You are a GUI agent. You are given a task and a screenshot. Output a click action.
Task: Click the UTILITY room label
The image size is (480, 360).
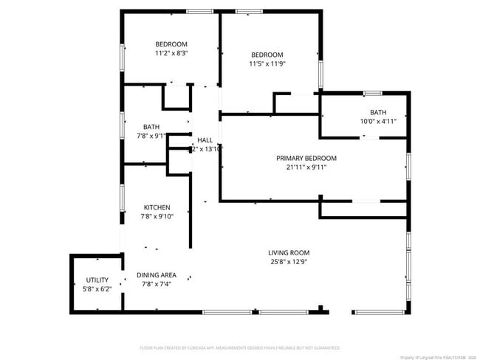click(97, 280)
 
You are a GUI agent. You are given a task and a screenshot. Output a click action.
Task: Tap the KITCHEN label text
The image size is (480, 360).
click(157, 207)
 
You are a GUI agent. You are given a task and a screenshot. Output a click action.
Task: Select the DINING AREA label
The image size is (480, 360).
click(157, 274)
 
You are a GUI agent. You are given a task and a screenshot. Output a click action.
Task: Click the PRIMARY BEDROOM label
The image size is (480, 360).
click(306, 158)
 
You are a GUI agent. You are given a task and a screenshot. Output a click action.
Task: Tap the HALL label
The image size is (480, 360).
click(205, 139)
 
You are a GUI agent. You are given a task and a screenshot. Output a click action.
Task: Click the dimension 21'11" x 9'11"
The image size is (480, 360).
click(306, 167)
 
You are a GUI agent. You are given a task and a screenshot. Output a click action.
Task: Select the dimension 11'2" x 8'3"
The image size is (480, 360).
click(171, 53)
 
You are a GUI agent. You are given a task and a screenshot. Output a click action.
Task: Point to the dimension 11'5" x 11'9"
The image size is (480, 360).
click(267, 63)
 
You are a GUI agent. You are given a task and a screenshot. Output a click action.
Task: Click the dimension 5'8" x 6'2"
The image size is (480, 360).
click(97, 288)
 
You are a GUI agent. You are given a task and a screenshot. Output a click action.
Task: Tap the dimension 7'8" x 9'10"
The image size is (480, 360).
click(157, 216)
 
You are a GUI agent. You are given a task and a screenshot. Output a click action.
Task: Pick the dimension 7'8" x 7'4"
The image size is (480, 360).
click(157, 283)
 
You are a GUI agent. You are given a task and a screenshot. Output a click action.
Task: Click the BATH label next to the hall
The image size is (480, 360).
click(151, 126)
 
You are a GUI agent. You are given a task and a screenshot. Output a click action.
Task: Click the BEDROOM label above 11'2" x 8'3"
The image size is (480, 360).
click(171, 44)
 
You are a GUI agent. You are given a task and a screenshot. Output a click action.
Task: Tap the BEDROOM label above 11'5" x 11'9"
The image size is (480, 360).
click(267, 55)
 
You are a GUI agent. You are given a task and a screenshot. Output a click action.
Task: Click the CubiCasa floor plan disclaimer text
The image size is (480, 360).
click(240, 347)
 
